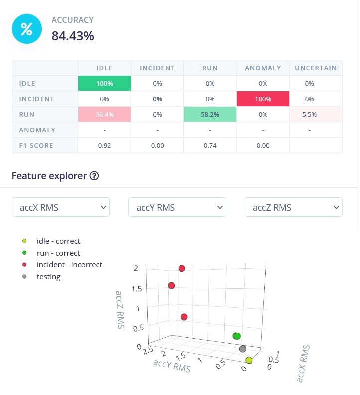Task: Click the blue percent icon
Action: [x=27, y=30]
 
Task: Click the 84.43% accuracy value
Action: [x=73, y=36]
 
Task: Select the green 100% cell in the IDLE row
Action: [x=104, y=83]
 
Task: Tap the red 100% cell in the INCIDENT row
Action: [x=263, y=99]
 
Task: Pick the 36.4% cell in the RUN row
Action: [x=104, y=114]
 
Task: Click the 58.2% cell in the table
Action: [x=210, y=114]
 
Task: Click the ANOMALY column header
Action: [x=263, y=68]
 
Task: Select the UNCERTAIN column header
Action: [x=316, y=68]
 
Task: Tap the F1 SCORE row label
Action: [x=37, y=145]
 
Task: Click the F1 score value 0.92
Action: [x=104, y=145]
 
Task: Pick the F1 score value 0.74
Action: [x=210, y=145]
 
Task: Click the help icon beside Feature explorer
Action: [x=94, y=176]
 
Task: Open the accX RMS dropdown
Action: [x=61, y=207]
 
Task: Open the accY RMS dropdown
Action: [x=177, y=207]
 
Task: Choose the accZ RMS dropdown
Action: [x=294, y=207]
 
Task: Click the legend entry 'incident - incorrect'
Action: [x=69, y=265]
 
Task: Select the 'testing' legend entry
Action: [x=48, y=277]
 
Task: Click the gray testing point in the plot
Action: [x=243, y=349]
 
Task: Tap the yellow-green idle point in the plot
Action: [x=249, y=360]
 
